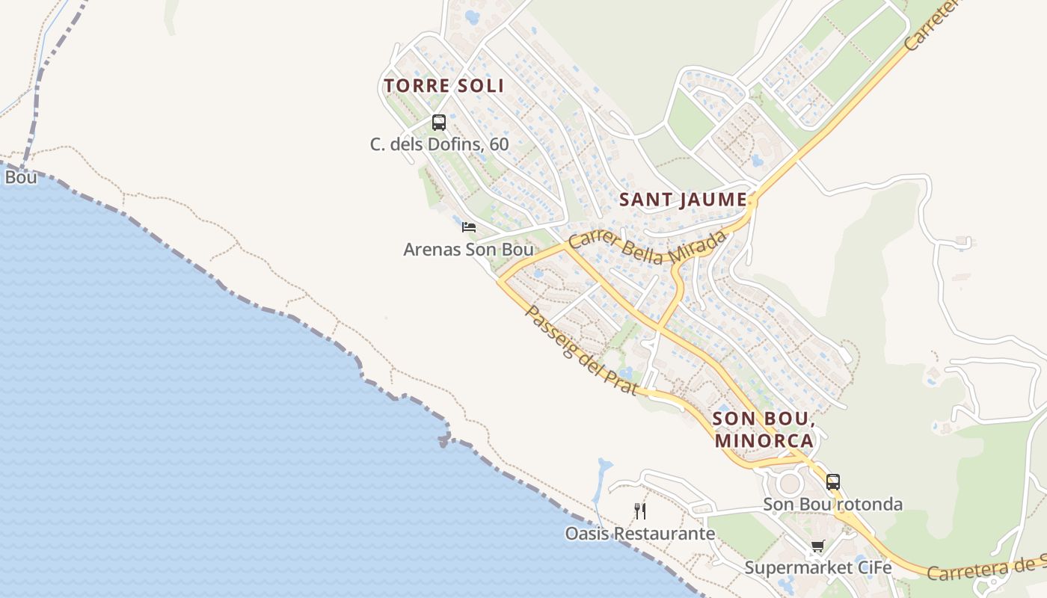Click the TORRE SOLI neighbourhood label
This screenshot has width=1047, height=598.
coord(444,86)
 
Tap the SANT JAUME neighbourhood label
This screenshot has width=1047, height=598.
coord(683,200)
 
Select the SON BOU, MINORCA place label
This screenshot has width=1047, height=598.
coord(764,429)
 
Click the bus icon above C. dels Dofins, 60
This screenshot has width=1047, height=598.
coord(439,122)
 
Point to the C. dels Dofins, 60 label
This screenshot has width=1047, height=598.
coord(439,144)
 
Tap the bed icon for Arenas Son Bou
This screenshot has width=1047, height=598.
coord(469,227)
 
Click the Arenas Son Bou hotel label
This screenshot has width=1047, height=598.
coord(468,250)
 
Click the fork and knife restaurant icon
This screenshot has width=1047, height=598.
coord(639,511)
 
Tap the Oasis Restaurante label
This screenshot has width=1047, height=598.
coord(639,534)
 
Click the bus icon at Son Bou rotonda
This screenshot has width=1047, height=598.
coord(833,482)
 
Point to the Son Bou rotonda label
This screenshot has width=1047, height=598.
coord(832,505)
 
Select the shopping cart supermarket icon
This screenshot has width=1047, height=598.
coord(817,547)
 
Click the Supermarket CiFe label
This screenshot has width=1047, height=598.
coord(818,568)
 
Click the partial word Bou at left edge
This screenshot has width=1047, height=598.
coord(20,178)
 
